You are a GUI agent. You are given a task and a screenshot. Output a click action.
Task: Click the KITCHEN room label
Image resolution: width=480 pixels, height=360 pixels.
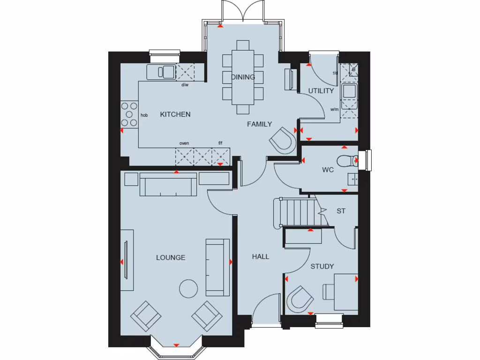[175, 114]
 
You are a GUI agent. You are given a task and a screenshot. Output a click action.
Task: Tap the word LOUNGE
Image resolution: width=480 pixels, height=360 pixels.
[171, 257]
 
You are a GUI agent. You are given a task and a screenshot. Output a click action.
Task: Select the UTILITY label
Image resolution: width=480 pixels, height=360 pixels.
[321, 91]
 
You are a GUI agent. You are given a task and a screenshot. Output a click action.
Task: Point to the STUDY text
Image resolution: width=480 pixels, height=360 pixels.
[322, 266]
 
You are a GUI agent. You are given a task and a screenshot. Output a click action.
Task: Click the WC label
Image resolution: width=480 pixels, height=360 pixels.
[328, 170]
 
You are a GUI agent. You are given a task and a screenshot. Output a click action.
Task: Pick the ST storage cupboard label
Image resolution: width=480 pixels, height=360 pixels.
[341, 211]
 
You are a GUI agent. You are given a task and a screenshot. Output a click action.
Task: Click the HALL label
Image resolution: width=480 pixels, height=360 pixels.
[261, 256]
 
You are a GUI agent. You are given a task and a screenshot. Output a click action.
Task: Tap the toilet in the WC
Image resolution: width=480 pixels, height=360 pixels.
[346, 161]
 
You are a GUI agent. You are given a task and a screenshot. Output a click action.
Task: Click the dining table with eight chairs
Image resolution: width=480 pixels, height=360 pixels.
[243, 77]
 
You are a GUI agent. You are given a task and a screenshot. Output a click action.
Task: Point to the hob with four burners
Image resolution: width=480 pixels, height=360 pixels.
[128, 114]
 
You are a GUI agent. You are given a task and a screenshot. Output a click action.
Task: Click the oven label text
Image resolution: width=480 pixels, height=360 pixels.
[184, 143]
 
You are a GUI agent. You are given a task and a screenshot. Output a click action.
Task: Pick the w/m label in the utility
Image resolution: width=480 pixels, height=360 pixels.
[335, 110]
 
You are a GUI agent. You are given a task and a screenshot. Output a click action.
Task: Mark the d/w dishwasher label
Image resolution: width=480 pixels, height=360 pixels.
[185, 85]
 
